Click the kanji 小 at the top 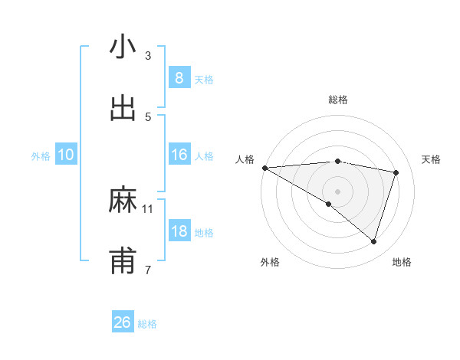coord(123,47)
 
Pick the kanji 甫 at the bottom coord(123,262)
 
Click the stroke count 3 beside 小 coord(148,55)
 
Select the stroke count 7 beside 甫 coord(148,270)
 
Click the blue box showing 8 coord(179,77)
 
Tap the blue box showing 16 coord(179,155)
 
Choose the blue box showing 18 coord(179,231)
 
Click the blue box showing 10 coord(66,155)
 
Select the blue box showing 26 coord(122,322)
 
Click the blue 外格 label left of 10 coord(41,155)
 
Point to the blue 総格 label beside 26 coord(147,324)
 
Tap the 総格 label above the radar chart coord(338,100)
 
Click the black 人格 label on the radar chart coord(245,159)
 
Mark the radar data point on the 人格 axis coord(264,167)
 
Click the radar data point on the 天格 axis coord(396,172)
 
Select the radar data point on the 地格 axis coord(373,241)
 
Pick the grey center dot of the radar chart coord(338,191)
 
